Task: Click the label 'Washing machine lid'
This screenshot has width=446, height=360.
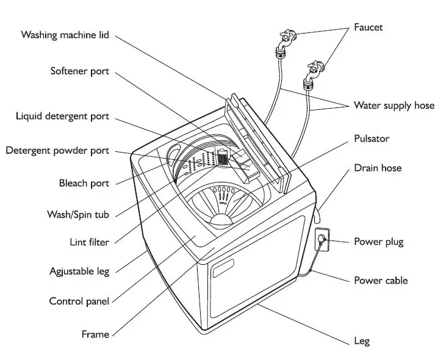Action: [65, 35]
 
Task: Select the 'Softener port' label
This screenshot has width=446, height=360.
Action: [79, 71]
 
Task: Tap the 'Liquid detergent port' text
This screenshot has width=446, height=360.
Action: [62, 116]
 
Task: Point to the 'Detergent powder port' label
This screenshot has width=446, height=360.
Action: [57, 150]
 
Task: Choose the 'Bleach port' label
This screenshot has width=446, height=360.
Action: [84, 183]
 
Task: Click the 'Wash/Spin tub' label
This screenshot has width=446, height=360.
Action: [77, 215]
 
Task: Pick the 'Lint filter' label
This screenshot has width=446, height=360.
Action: [89, 242]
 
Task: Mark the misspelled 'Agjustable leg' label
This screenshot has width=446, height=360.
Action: [79, 271]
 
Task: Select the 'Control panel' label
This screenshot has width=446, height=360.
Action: [79, 301]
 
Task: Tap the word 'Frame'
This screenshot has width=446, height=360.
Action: [95, 334]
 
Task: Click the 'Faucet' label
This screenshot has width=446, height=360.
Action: [369, 27]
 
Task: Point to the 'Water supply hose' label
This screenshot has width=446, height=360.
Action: [394, 106]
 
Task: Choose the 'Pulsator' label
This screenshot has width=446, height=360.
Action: [372, 139]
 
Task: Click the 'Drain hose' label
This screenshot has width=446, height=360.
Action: [378, 168]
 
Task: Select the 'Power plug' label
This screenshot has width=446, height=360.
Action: [379, 242]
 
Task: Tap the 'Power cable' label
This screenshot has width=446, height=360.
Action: [381, 281]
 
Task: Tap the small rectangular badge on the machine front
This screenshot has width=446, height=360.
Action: [223, 268]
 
